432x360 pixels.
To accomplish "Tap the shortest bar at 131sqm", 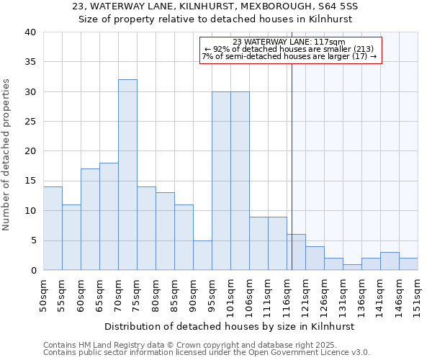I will (x=352, y=267).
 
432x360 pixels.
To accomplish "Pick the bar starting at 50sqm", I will (x=53, y=228).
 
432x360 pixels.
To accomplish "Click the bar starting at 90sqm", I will (x=202, y=255).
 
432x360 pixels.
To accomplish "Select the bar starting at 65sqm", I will (x=109, y=216).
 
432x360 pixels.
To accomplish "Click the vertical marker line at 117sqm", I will (x=292, y=166).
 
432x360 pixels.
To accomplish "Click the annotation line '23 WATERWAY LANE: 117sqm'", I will (x=289, y=42).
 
